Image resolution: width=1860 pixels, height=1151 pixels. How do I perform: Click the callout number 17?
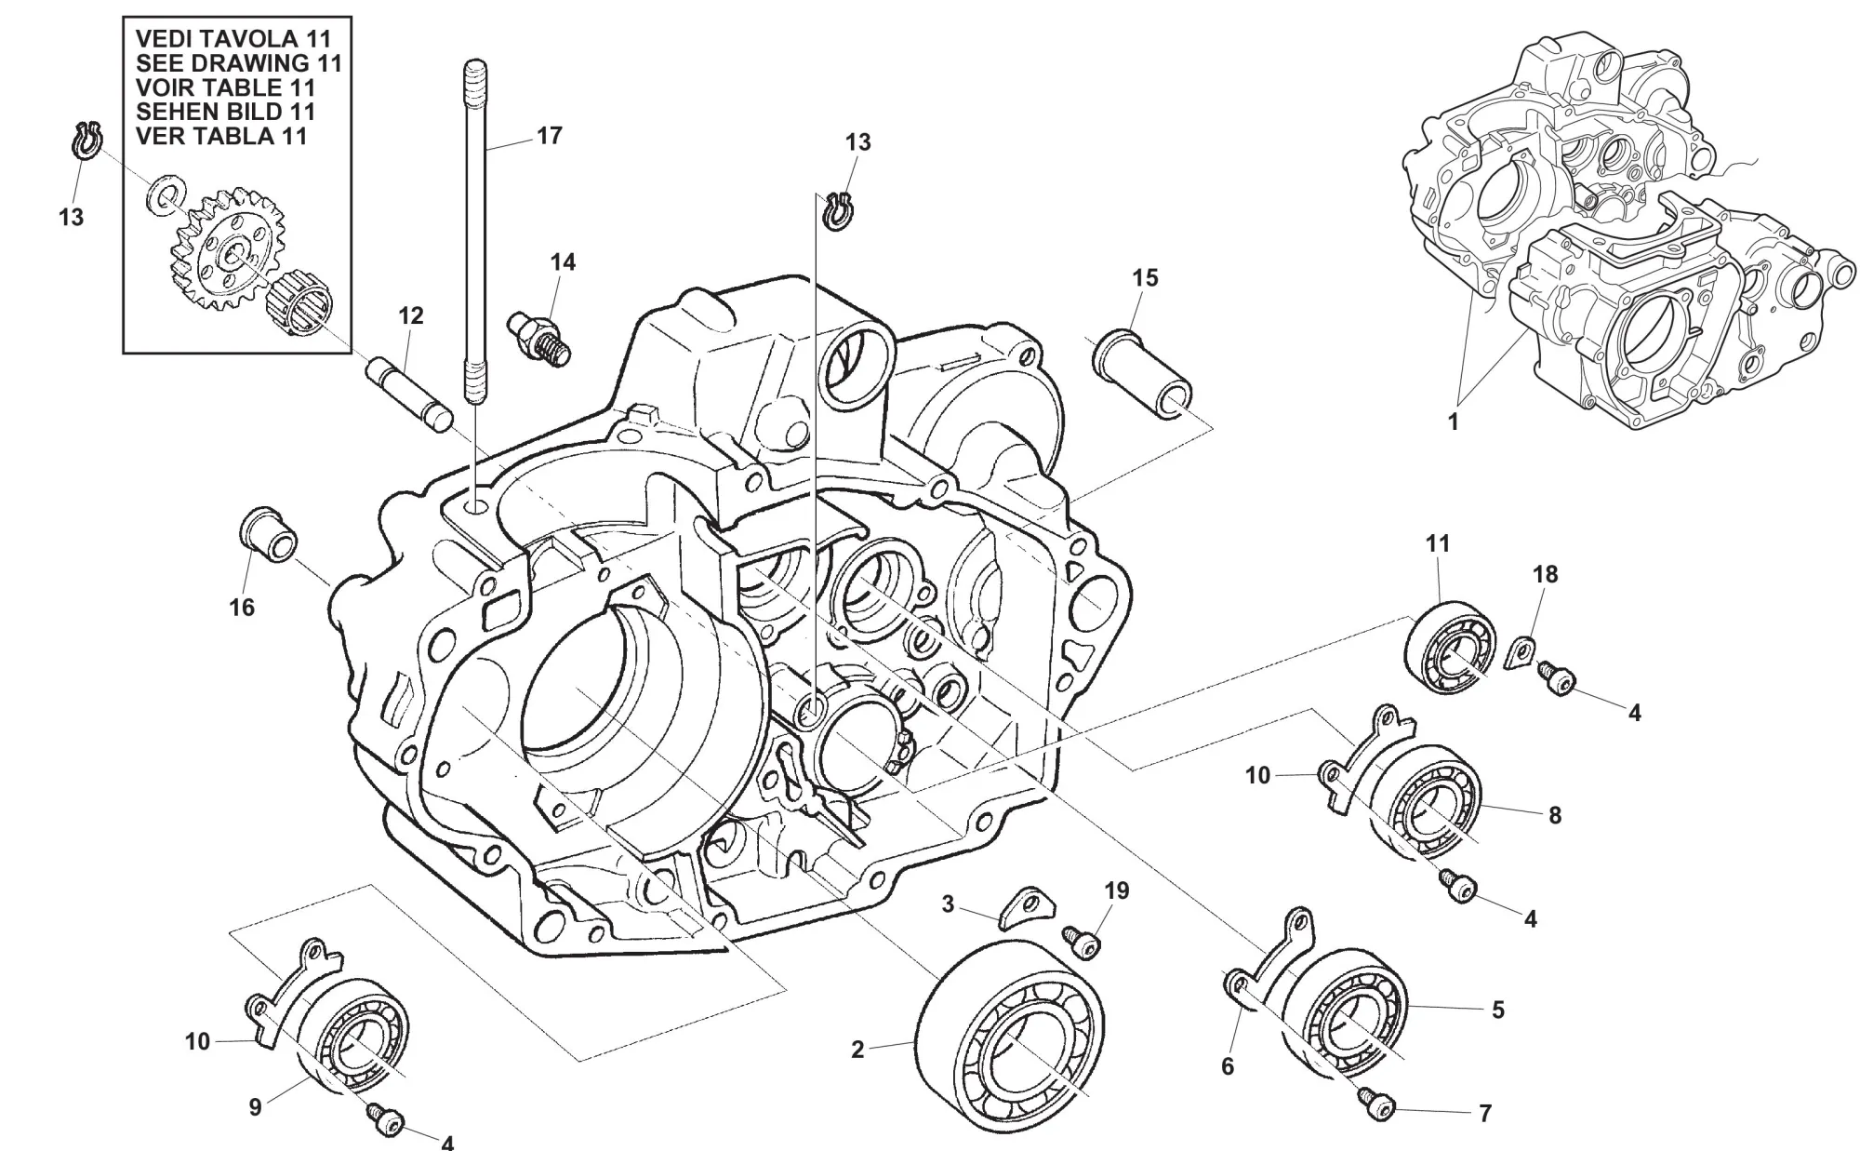coord(550,136)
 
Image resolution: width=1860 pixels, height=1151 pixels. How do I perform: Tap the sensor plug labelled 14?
coord(540,334)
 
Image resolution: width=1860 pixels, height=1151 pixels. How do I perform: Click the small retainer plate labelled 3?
coord(1023,908)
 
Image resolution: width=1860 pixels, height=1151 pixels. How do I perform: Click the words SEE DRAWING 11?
coord(238,63)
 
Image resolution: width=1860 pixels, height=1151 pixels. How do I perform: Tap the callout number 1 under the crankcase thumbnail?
coord(1453,422)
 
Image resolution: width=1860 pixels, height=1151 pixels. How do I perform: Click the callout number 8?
coord(1555,816)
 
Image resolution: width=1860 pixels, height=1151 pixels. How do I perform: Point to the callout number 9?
coord(255,1108)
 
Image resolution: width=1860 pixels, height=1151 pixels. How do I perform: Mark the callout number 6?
coord(1228,1066)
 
